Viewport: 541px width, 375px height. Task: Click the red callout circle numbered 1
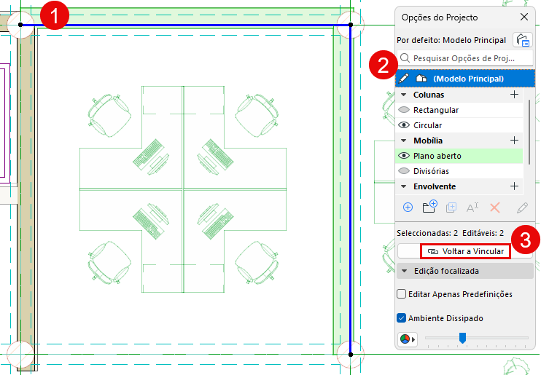pos(55,15)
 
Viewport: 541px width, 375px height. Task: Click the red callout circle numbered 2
pos(384,65)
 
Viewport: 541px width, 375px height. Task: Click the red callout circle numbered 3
pos(526,240)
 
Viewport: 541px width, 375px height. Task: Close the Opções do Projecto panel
pos(524,17)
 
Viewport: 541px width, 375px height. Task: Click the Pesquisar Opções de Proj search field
pos(465,58)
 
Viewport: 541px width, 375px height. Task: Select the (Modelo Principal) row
pos(465,79)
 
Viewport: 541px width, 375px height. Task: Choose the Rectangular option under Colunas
pos(436,110)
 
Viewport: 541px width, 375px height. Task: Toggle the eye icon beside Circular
pos(404,125)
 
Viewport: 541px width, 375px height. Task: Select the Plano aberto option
pos(437,156)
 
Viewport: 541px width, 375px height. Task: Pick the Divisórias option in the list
pos(431,171)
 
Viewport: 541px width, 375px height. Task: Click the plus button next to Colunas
pos(514,95)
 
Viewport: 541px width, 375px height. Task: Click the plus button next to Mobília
pos(514,141)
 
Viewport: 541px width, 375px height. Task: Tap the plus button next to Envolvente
pos(514,186)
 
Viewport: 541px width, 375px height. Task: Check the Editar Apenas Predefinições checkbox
pos(401,294)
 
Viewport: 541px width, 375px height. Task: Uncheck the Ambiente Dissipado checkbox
pos(401,317)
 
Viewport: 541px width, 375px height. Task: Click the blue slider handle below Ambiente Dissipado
pos(462,338)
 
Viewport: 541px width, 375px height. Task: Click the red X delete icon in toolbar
pos(495,208)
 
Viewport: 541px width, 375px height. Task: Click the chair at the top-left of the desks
pos(109,116)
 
